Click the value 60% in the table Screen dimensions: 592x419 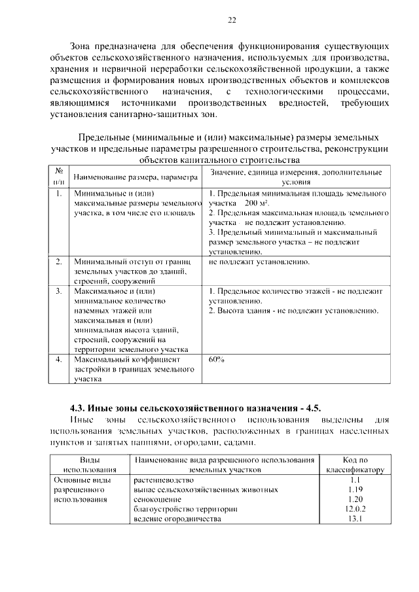point(217,359)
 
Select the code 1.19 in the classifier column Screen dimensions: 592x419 point(355,489)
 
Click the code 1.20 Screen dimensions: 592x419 point(355,499)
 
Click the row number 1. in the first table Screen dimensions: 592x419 point(59,194)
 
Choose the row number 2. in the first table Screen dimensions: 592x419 point(59,262)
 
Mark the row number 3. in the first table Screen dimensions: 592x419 point(59,290)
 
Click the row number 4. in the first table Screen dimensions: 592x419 point(59,359)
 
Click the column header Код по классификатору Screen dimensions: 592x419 point(355,464)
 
